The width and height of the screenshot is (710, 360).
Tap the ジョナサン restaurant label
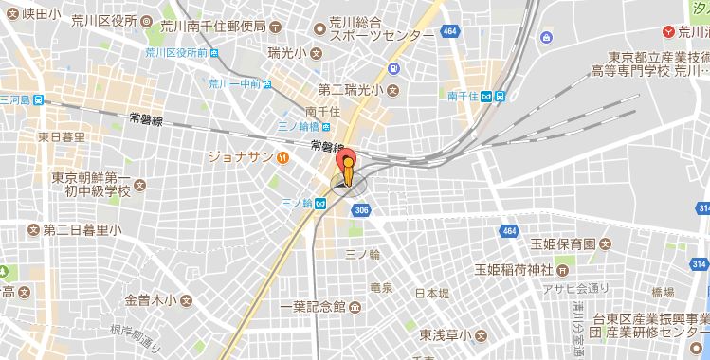pyautogui.click(x=240, y=156)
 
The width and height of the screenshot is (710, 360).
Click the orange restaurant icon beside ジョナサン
pyautogui.click(x=282, y=156)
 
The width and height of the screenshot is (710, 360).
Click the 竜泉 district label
pyautogui.click(x=381, y=287)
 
